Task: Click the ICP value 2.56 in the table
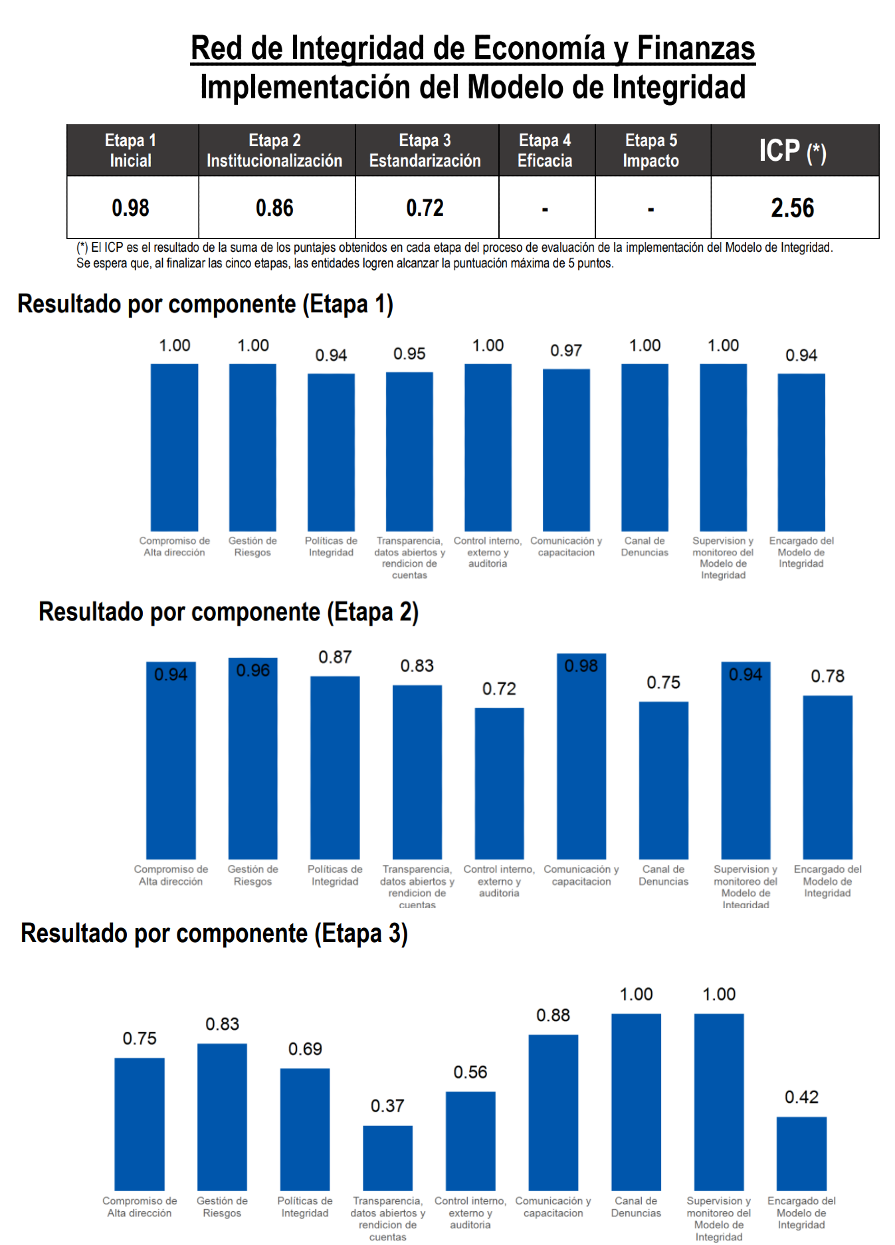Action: pos(792,208)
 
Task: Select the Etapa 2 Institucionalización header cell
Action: pos(274,151)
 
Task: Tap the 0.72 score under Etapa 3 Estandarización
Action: pos(425,208)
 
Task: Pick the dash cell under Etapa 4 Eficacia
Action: pos(545,209)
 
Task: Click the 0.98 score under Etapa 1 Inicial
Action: pos(130,208)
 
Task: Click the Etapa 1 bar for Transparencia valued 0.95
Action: pos(409,451)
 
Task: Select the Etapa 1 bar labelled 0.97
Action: pos(566,450)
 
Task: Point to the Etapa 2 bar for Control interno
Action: pos(499,783)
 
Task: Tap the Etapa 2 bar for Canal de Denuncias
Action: pos(663,780)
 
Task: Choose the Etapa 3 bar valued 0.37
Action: pos(387,1157)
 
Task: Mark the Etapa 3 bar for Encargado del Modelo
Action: pos(801,1153)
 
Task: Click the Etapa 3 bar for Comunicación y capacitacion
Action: pos(553,1112)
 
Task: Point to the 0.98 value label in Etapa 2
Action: pos(581,666)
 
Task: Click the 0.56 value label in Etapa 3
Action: pos(470,1072)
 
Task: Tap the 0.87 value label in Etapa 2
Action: pos(335,657)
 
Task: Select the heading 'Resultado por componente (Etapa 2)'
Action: pos(229,612)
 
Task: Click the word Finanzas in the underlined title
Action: pos(696,48)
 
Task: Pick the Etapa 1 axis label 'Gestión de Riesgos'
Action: pos(252,547)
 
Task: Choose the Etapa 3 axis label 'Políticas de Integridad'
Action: pos(304,1206)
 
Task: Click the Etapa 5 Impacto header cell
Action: pos(651,151)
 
